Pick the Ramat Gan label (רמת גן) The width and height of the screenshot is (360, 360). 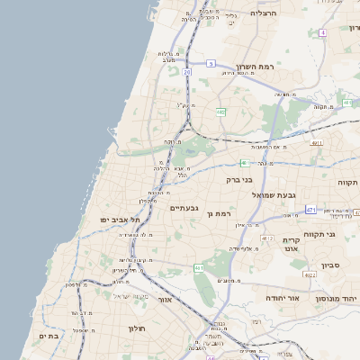tap(220, 214)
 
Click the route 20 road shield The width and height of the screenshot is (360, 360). tap(187, 71)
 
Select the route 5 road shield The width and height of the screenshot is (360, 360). tap(210, 63)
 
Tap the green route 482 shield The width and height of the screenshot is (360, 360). tap(220, 112)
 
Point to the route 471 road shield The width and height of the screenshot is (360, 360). tap(310, 210)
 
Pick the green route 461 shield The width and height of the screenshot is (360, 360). tap(199, 267)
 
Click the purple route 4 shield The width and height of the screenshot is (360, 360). tap(321, 32)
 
